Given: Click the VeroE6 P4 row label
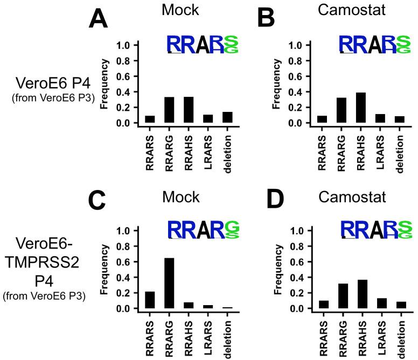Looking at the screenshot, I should click(x=50, y=84).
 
